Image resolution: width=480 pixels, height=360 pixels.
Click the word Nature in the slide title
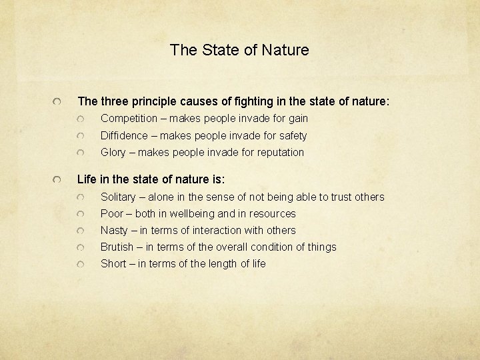pos(287,50)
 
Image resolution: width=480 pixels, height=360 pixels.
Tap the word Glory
pos(113,152)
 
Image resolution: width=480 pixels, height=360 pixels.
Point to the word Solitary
pos(119,197)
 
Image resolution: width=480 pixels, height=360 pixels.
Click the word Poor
pos(111,213)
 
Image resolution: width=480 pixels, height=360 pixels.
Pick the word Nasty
pos(114,230)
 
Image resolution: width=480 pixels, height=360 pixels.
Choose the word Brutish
pos(117,247)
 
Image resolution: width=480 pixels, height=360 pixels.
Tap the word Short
pos(113,263)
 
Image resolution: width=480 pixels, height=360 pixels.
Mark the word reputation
pos(279,152)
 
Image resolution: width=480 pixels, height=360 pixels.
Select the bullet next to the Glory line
pos(81,153)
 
